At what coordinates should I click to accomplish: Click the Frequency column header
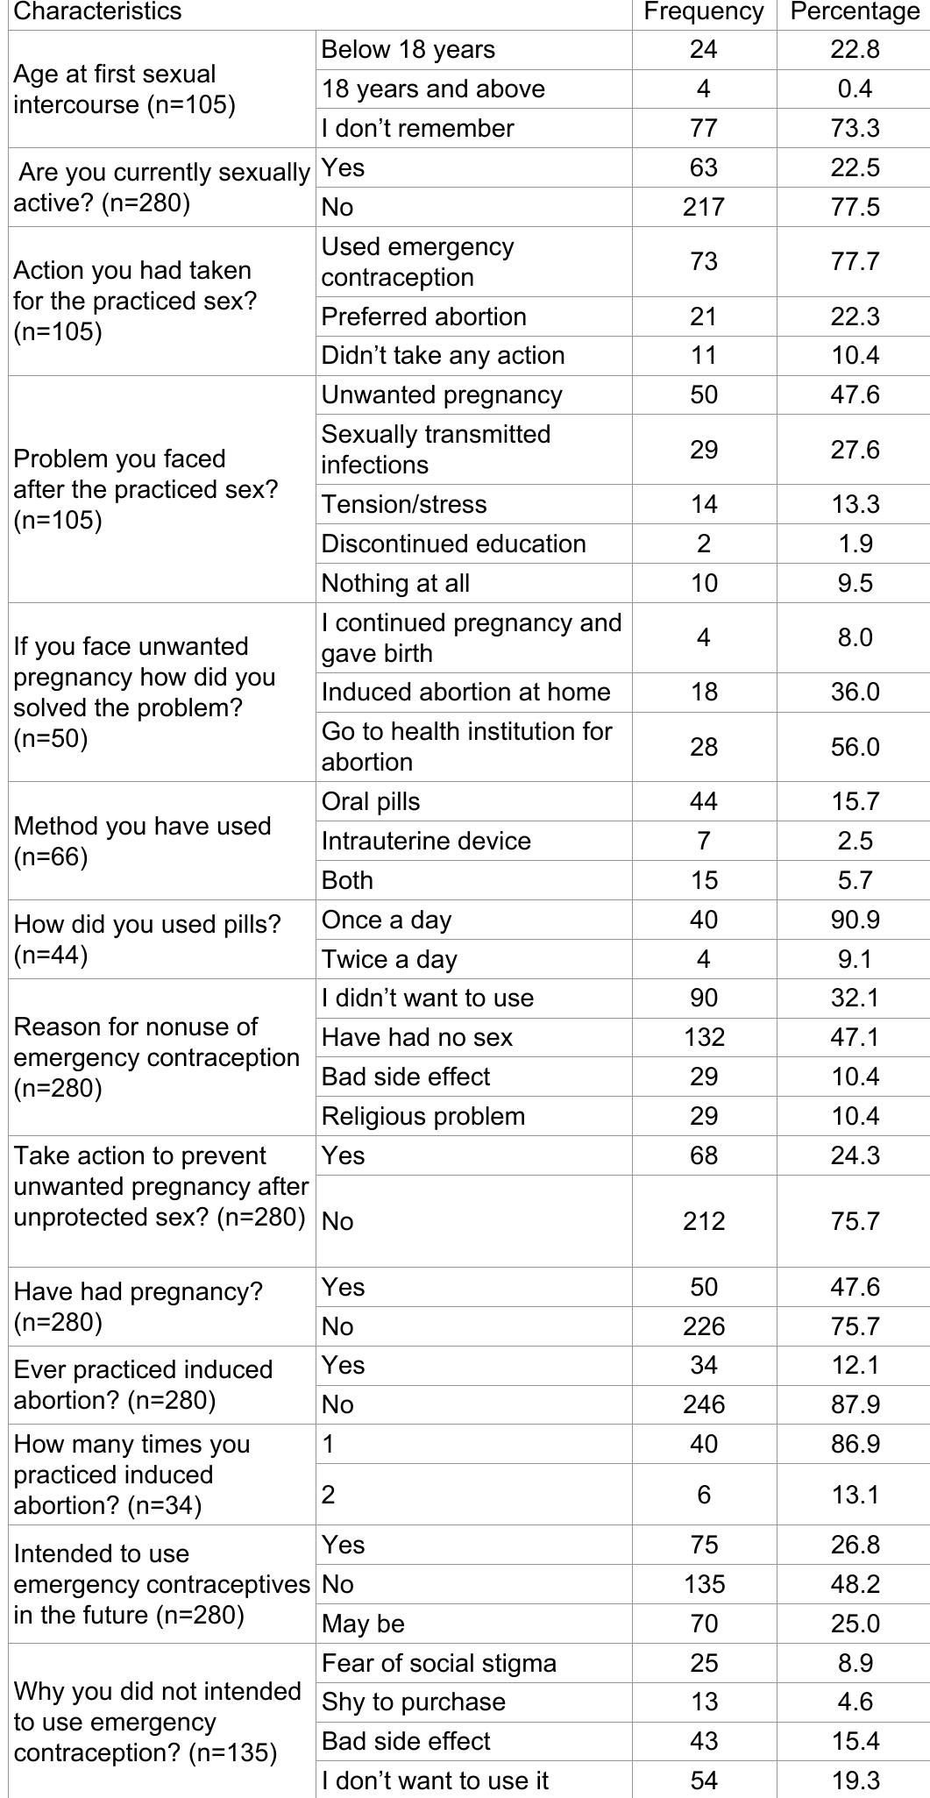click(x=703, y=11)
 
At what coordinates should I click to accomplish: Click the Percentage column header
click(x=855, y=11)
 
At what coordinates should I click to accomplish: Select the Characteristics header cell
click(x=97, y=11)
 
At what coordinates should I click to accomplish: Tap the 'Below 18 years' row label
click(x=408, y=50)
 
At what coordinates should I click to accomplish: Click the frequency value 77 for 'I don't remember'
click(x=703, y=128)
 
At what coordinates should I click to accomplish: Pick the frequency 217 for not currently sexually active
click(x=703, y=207)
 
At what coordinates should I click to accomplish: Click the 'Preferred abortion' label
click(x=423, y=316)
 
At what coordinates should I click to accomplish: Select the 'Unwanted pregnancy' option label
click(x=441, y=394)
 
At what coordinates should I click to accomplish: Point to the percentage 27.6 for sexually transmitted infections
click(x=855, y=450)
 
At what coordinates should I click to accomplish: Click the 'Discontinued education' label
click(x=453, y=544)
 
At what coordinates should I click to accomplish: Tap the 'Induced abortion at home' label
click(x=465, y=692)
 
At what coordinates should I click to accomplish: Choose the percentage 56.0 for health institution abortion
click(x=855, y=747)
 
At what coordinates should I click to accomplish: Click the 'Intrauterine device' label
click(x=426, y=841)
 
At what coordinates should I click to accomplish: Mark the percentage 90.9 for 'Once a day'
click(x=855, y=920)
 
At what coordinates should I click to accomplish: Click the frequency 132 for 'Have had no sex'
click(x=703, y=1037)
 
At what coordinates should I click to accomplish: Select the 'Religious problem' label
click(x=422, y=1116)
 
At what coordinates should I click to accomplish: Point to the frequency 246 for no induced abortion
click(x=703, y=1404)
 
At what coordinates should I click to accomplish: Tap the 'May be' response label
click(x=363, y=1624)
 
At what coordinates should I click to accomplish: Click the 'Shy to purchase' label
click(x=413, y=1702)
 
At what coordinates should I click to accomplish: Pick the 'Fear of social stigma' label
click(x=438, y=1663)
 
